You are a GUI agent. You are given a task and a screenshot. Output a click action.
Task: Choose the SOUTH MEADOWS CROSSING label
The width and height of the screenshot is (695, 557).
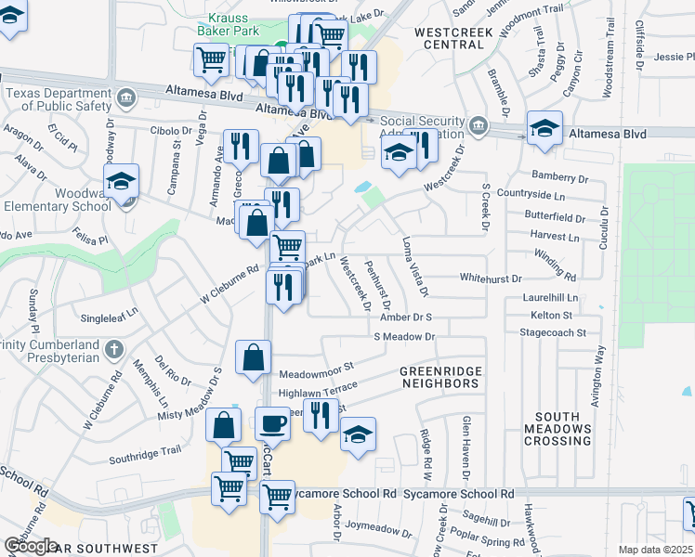(x=557, y=427)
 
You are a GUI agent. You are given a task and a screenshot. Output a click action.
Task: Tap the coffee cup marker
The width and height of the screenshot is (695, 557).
(x=273, y=423)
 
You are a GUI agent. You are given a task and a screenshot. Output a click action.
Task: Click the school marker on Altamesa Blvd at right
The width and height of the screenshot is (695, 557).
(x=544, y=128)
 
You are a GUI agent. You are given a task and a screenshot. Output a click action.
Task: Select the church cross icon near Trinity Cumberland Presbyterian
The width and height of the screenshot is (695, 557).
(x=114, y=349)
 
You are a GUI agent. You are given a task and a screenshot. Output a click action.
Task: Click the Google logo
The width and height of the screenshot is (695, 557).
(x=32, y=546)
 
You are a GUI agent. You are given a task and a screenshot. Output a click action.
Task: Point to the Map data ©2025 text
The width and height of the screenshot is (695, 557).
(x=656, y=550)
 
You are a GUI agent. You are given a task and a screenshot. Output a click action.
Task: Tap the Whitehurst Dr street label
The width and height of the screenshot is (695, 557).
(x=492, y=278)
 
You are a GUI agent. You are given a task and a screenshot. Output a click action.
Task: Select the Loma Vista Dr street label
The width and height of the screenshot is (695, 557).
(x=413, y=266)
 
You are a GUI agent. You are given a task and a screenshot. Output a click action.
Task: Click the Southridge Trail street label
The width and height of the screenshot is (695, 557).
(x=144, y=457)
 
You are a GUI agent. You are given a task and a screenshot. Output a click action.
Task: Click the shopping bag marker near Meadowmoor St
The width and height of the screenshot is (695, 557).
(x=255, y=357)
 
